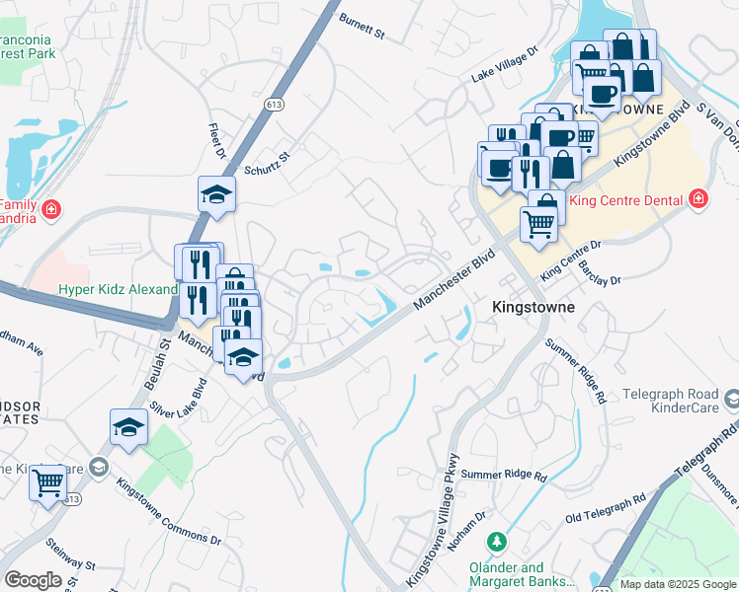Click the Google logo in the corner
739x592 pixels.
33,580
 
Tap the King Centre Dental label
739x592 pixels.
626,200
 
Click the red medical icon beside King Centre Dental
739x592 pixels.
698,199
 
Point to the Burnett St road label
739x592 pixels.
362,27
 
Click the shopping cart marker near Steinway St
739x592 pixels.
47,483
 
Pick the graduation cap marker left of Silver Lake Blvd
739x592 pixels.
128,427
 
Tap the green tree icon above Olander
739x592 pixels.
497,543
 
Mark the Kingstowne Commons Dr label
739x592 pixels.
169,511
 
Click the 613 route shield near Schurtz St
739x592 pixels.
274,103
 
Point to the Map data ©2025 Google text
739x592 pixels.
678,584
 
